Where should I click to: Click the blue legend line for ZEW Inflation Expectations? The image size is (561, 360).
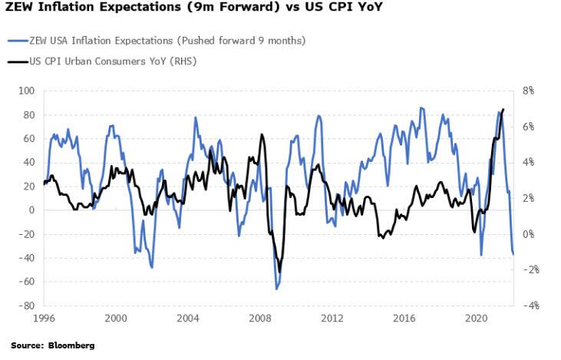[x=16, y=41]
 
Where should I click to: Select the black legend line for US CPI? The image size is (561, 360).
[x=16, y=61]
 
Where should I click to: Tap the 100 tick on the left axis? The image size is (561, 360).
[x=28, y=91]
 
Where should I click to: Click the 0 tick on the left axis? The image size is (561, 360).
[x=33, y=210]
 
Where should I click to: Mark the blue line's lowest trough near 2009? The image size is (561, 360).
[x=276, y=289]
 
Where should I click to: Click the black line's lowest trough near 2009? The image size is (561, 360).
[x=280, y=271]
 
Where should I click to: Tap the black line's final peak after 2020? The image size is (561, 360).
[x=503, y=109]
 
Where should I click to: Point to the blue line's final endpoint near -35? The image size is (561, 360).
[x=513, y=253]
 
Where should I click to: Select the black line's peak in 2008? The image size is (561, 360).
[x=262, y=135]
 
